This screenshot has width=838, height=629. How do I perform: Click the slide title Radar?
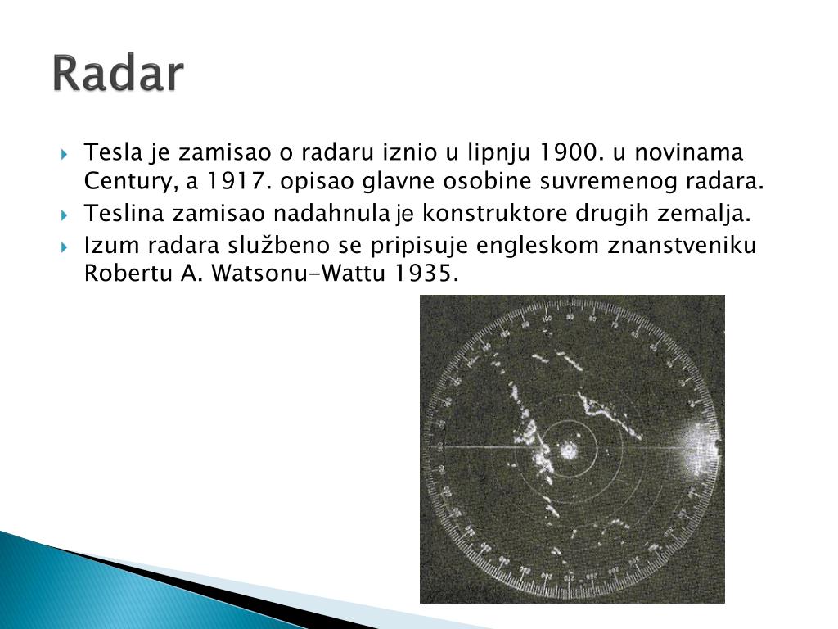(119, 75)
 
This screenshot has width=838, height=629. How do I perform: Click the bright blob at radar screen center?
(567, 449)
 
